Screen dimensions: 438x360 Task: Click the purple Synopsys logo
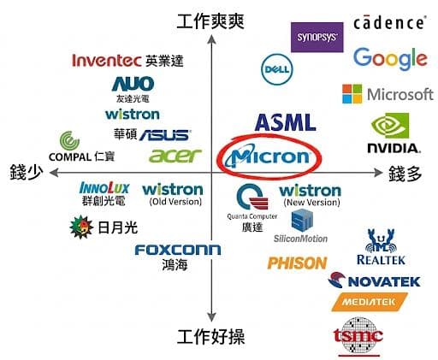point(317,38)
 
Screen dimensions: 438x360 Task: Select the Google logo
point(390,59)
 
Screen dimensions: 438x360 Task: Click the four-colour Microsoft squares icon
point(352,93)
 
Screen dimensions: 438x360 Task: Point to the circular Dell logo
point(277,69)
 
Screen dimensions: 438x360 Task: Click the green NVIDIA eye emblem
point(390,126)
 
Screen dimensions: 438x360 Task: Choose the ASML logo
point(285,122)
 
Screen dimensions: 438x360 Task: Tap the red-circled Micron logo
point(268,156)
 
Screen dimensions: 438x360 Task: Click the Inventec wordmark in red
point(107,61)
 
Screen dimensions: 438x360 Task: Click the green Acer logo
point(175,156)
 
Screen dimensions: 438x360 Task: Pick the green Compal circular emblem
point(69,140)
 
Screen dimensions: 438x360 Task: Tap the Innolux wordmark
point(104,188)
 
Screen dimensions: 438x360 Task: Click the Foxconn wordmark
point(178,250)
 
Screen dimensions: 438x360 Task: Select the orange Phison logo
point(297,263)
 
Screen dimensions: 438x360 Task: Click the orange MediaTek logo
point(370,302)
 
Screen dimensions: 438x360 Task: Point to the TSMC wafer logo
point(358,336)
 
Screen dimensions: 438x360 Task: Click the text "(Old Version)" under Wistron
point(175,202)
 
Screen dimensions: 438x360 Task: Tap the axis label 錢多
point(405,174)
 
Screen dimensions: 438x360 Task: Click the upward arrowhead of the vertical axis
point(211,39)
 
